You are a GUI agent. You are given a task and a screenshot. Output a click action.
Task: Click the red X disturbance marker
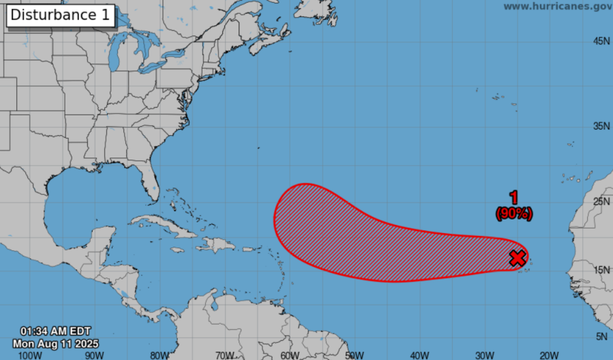click(518, 258)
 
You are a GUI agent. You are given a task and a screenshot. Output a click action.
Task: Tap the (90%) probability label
click(514, 213)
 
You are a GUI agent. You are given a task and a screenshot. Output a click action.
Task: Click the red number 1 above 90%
click(514, 198)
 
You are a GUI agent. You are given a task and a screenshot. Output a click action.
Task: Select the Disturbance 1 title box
click(61, 15)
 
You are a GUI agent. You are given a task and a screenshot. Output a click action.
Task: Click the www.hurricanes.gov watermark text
click(557, 6)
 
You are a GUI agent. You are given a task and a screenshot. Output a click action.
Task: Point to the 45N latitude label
click(601, 42)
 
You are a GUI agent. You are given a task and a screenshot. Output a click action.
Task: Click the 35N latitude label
click(601, 126)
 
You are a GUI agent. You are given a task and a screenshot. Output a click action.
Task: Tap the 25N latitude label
click(601, 201)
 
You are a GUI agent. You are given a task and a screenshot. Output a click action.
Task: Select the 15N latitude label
click(601, 270)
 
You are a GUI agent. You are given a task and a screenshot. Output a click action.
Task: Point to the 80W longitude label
click(160, 355)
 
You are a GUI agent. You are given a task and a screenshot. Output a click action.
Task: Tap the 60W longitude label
click(290, 355)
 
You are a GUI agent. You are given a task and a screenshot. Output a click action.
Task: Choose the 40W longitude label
click(420, 355)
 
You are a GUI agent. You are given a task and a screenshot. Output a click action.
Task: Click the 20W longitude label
click(550, 355)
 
